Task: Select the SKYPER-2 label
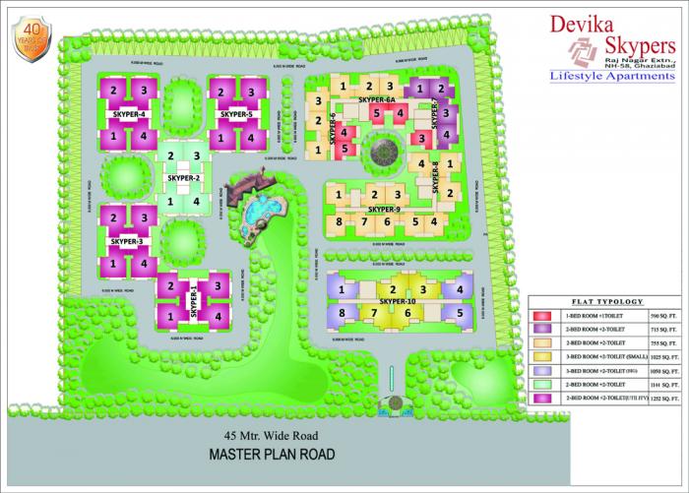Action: [x=184, y=178]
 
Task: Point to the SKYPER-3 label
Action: [x=128, y=241]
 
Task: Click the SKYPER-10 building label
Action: [x=399, y=301]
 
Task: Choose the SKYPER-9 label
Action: [x=384, y=210]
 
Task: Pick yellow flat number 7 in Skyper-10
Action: [x=375, y=314]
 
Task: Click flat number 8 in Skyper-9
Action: [x=339, y=222]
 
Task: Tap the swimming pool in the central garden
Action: [x=261, y=210]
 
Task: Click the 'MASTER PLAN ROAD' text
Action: [x=271, y=455]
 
